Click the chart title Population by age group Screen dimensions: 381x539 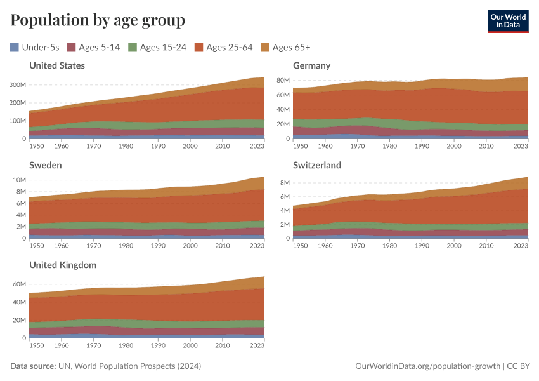point(98,20)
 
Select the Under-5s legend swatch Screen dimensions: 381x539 point(15,47)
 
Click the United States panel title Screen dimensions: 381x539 point(57,65)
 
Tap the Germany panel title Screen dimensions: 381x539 point(311,65)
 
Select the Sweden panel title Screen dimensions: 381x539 point(46,165)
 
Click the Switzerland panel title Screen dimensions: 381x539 point(317,165)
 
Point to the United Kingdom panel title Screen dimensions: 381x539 point(63,265)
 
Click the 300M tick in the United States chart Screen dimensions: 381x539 point(17,84)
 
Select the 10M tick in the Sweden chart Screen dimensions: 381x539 point(19,180)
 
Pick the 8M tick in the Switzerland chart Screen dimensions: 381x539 point(284,183)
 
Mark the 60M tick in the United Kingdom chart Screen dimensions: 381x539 point(19,284)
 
